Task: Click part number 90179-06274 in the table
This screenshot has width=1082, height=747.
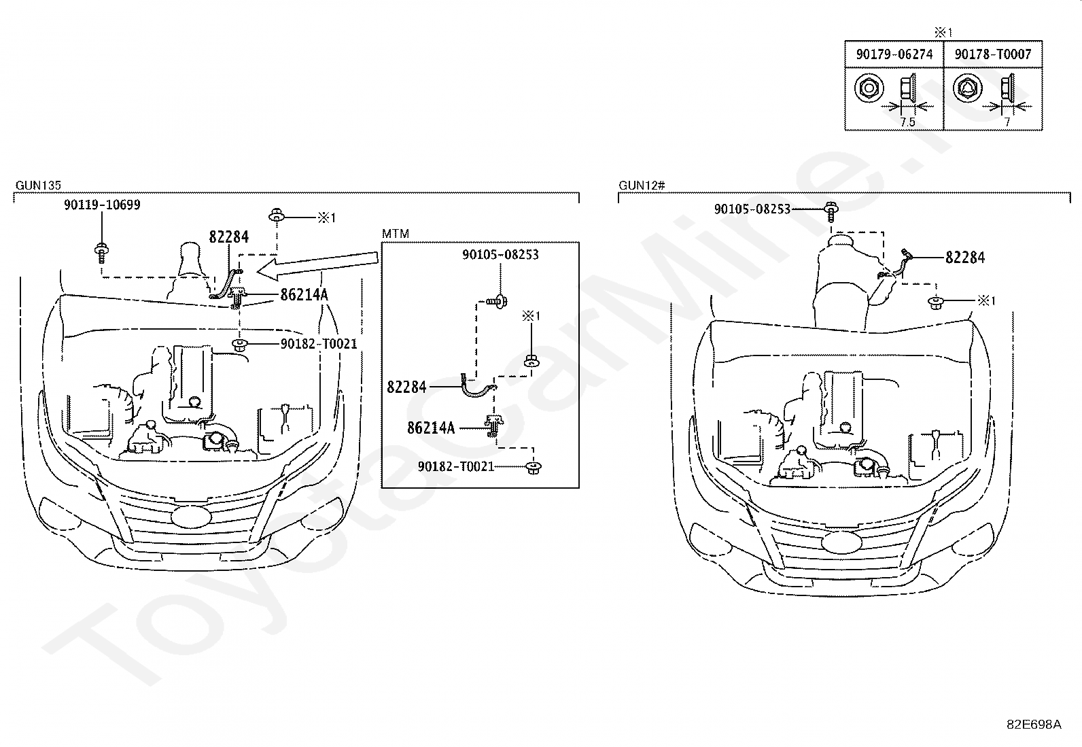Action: click(x=894, y=54)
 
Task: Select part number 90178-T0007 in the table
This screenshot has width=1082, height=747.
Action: click(x=993, y=54)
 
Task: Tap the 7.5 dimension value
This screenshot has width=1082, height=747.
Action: click(x=907, y=122)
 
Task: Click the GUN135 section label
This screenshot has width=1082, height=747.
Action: click(x=38, y=185)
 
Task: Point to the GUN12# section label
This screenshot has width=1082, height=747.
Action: click(x=642, y=185)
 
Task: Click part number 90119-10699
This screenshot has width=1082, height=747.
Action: click(x=102, y=205)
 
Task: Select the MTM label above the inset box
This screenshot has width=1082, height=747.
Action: click(x=396, y=234)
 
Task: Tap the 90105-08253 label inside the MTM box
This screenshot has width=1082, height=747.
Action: click(x=500, y=255)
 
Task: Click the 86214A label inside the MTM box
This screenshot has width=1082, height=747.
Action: click(x=431, y=428)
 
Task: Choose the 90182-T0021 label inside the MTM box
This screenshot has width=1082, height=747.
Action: click(x=456, y=466)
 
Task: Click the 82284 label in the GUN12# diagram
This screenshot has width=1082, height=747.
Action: click(x=965, y=258)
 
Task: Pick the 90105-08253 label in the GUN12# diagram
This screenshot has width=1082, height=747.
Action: click(x=752, y=209)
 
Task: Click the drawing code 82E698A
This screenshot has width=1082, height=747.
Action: click(x=1034, y=725)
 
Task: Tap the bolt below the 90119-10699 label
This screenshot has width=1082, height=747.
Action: click(x=101, y=254)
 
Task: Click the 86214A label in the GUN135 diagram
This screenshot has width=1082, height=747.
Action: click(x=304, y=294)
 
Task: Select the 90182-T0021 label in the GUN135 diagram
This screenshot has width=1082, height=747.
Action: click(x=319, y=343)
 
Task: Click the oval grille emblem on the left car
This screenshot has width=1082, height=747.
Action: click(x=191, y=517)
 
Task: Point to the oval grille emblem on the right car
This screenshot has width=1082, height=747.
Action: click(x=841, y=543)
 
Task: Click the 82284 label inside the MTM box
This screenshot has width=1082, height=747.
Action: click(x=406, y=387)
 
